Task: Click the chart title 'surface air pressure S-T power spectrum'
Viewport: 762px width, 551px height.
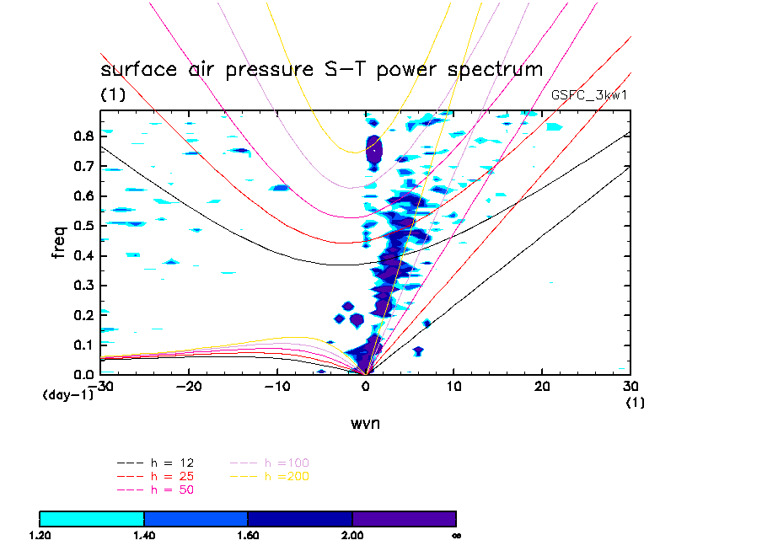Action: tap(321, 69)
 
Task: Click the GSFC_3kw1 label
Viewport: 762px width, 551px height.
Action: tap(588, 95)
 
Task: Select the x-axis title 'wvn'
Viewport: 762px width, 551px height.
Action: tap(365, 423)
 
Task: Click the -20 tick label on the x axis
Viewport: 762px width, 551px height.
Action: tap(189, 386)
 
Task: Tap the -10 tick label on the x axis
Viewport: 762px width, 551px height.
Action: tap(276, 386)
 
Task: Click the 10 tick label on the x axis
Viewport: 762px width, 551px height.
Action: tap(453, 386)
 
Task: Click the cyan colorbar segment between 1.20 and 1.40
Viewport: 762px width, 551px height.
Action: tap(92, 518)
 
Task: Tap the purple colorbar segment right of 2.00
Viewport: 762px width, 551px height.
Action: tap(404, 518)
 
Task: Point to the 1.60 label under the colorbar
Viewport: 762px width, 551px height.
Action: tap(248, 535)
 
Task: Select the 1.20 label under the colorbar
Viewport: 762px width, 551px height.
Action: tap(40, 535)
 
